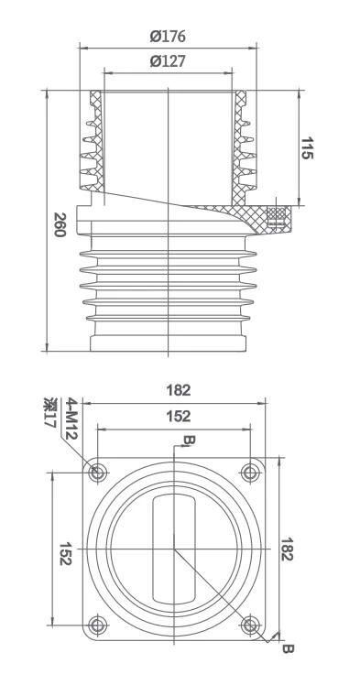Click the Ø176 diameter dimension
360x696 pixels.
(x=167, y=37)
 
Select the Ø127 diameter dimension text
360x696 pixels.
(x=167, y=62)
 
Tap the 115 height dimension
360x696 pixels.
(x=311, y=149)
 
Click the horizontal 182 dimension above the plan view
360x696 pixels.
(x=179, y=389)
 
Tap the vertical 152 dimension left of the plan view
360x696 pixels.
(x=65, y=553)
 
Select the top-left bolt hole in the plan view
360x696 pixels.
(x=98, y=473)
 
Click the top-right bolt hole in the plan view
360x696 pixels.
(x=250, y=473)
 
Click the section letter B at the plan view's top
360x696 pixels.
(x=188, y=441)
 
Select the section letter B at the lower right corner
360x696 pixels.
(x=287, y=649)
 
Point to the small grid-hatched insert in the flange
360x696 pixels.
(x=274, y=216)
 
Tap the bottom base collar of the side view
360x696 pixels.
(x=167, y=343)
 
